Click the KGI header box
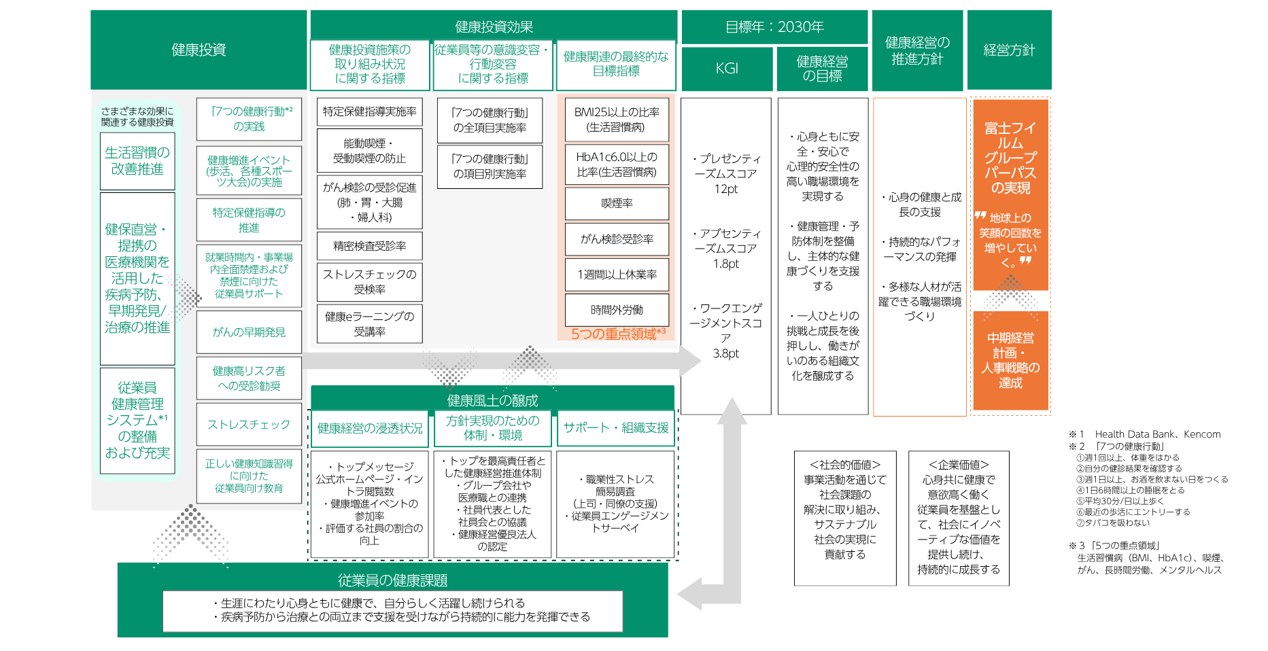[x=727, y=69]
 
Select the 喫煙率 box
[x=617, y=203]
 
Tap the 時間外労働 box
[x=617, y=310]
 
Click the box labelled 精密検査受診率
[x=369, y=246]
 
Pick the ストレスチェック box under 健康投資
[x=249, y=424]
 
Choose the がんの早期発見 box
[x=249, y=332]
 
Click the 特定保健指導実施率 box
[x=369, y=111]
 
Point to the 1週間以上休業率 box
[x=617, y=275]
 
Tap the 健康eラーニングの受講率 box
[x=369, y=323]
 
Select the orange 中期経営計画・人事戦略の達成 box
[x=1010, y=360]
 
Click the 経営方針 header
[x=1009, y=50]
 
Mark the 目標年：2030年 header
[x=774, y=27]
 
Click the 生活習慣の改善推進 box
[x=137, y=161]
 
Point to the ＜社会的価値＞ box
[x=845, y=518]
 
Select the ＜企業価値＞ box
[x=959, y=518]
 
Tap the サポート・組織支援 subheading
[x=616, y=427]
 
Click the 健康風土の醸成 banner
[x=492, y=400]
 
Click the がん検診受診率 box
[x=617, y=239]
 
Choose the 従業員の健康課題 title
[x=392, y=580]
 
